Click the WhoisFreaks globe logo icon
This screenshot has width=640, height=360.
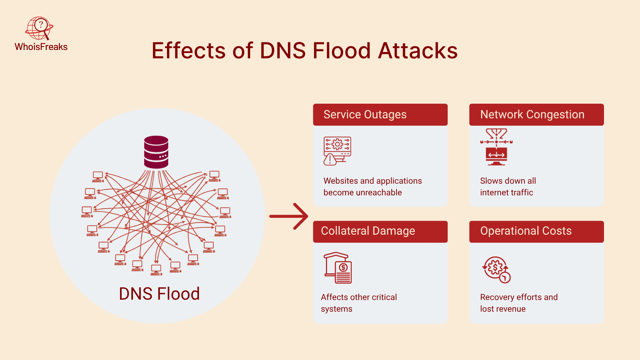point(39,28)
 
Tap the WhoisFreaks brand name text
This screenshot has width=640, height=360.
point(41,47)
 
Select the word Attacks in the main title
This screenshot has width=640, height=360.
point(418,51)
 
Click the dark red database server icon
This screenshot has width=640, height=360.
point(156,152)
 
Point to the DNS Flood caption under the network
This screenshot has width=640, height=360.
point(159,294)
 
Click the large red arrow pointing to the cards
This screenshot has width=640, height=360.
point(289,216)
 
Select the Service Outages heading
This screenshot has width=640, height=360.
point(365,115)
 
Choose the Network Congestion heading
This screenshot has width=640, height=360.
point(532,115)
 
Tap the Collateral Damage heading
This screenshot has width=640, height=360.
point(368,231)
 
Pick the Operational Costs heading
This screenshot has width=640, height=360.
point(526,231)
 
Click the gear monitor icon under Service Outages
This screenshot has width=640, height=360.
point(337,151)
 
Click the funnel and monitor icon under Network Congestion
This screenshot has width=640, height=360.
point(496,147)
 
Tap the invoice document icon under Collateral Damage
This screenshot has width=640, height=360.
point(338,268)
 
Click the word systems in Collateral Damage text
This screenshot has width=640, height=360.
point(336,309)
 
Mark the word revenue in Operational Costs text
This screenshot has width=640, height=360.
point(510,309)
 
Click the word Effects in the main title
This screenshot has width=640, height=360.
point(189,51)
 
